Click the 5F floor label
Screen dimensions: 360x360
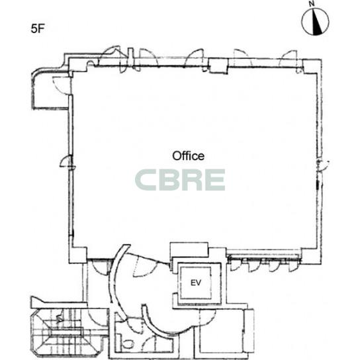[x=38, y=28]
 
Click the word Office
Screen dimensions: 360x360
[x=188, y=156]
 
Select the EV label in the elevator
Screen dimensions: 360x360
[x=196, y=283]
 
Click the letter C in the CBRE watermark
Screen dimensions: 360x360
[x=146, y=180]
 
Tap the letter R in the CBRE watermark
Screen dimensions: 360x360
[x=192, y=180]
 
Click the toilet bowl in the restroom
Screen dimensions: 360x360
[x=127, y=344]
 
